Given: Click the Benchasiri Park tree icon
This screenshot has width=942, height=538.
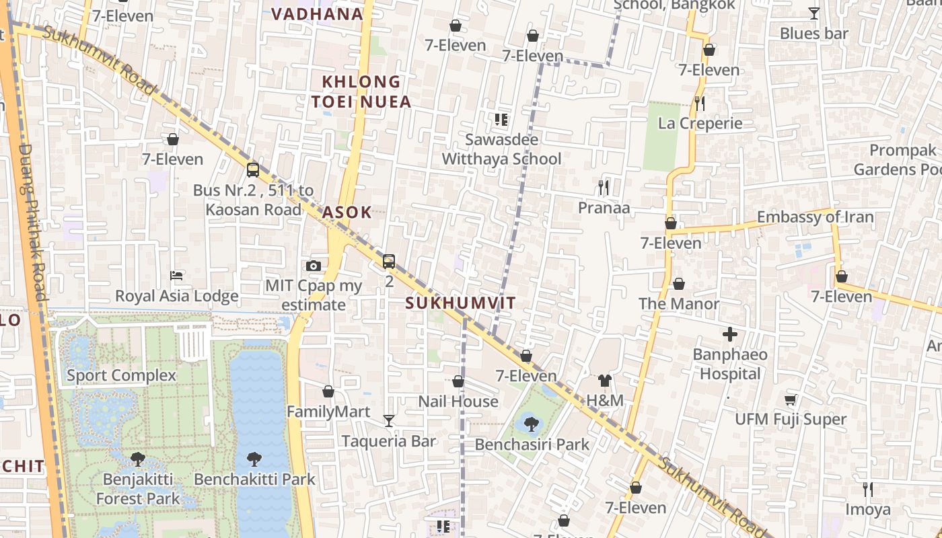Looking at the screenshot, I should coord(531,424).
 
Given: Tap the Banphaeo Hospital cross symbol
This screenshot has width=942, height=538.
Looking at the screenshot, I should coord(730,334).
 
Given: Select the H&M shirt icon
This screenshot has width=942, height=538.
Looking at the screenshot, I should coord(604,381).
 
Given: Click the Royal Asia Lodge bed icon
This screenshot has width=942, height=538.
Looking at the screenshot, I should coord(176,276).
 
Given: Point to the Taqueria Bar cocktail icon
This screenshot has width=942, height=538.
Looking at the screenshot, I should coord(389,421).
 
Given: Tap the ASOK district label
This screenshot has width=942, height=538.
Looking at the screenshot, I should coord(347,213).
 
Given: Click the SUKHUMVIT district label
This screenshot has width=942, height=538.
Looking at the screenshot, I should coord(460,303).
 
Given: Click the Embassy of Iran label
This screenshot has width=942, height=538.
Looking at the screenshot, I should coord(815,217).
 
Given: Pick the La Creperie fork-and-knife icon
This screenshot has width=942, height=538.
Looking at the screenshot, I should coord(700,103).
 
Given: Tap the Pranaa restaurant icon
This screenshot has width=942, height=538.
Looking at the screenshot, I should coord(604,187).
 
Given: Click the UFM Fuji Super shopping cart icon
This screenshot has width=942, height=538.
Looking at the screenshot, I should coord(791,399).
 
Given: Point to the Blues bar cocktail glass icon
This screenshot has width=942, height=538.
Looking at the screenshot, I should coord(813,13).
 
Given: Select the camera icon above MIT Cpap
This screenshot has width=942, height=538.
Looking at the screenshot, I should coord(313,266).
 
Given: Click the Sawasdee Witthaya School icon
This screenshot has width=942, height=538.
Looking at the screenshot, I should coord(501,120).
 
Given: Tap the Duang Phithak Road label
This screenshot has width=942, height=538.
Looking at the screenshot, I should coord(33,222).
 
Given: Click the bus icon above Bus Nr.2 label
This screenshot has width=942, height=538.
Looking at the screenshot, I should coord(253,170).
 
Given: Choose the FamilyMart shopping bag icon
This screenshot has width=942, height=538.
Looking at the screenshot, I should coord(328,391).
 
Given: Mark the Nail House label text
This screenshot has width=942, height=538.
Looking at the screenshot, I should coord(458,401).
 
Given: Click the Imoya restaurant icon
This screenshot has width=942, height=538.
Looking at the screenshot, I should coord(868,489).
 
